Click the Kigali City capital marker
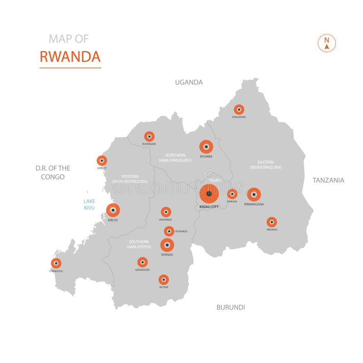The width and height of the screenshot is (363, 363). tap(209, 194)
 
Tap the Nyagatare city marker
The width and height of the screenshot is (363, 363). tap(239, 109)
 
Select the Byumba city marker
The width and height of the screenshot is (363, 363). tap(206, 147)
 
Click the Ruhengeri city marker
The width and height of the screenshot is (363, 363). tap(149, 136)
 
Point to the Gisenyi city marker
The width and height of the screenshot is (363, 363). tap(102, 160)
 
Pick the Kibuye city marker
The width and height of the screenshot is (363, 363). tap(113, 210)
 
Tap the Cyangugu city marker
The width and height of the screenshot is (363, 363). tap(56, 263)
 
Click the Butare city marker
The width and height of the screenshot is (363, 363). tap(163, 280)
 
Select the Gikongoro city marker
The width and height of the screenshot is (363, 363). tap(142, 262)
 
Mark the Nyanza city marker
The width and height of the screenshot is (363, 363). tap(167, 245)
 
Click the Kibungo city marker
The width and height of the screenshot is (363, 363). tap(271, 222)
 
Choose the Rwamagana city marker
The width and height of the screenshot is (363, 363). tap(254, 194)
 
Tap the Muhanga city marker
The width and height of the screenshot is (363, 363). tap(166, 212)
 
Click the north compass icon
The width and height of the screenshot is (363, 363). tap(327, 43)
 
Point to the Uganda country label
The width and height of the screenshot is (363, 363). tap(189, 82)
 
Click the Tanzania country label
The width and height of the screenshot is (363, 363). tap(328, 180)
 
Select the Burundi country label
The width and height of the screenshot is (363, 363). tap(231, 307)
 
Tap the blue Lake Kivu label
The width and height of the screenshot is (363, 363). tap(89, 204)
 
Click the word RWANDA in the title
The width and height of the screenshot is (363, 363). tap(70, 57)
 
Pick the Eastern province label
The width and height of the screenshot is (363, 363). tap(265, 164)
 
